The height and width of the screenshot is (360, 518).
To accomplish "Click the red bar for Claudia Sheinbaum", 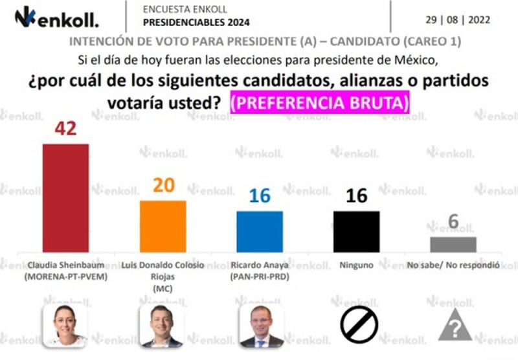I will point(65,197).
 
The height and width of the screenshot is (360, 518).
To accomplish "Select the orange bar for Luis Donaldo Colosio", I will point(163,226).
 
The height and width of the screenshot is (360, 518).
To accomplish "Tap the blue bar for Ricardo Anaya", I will point(260,231).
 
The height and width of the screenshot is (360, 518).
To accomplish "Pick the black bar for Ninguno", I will point(356,231).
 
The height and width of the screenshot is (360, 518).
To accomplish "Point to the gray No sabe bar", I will point(453,244).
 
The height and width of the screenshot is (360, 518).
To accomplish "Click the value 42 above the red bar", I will point(65,128).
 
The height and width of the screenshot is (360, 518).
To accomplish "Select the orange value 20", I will point(163,185).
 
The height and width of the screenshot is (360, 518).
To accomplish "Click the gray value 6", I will point(453,222).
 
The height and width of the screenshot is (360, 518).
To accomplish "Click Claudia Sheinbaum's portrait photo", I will point(65,326).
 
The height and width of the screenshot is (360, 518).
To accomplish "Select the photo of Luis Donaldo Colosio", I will point(163,326).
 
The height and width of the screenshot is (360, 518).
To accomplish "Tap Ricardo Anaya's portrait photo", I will point(261,326).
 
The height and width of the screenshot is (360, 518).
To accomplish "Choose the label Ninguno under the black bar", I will point(356,265).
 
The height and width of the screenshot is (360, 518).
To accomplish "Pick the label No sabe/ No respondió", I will point(454,265).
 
